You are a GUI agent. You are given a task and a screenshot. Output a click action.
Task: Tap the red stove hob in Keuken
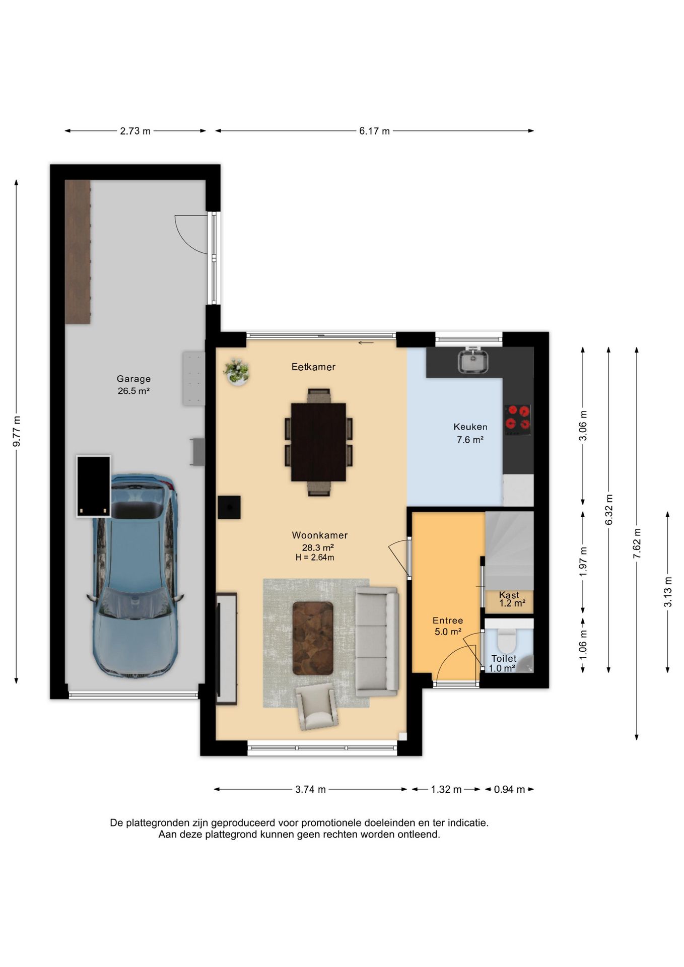518,420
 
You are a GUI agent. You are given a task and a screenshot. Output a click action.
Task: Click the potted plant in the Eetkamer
236,372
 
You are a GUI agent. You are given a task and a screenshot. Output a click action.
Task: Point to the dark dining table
318,442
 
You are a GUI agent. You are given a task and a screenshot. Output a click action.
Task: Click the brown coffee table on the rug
313,638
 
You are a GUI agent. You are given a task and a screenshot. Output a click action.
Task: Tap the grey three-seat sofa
377,641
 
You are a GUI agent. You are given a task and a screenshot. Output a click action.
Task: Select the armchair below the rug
316,706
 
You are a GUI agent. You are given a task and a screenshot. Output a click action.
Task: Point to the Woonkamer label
320,535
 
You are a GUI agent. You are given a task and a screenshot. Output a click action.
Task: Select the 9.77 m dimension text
17,431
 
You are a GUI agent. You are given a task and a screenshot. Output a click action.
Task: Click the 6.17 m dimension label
374,131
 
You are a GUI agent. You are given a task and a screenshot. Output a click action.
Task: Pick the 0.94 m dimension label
509,789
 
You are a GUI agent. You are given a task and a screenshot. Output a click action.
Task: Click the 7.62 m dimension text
637,543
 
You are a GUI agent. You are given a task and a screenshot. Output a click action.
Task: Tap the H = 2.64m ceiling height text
315,558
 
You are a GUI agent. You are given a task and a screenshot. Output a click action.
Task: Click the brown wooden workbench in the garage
78,252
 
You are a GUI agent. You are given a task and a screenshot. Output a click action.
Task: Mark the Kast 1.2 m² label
512,599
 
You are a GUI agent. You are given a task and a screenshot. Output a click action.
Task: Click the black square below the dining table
229,507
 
